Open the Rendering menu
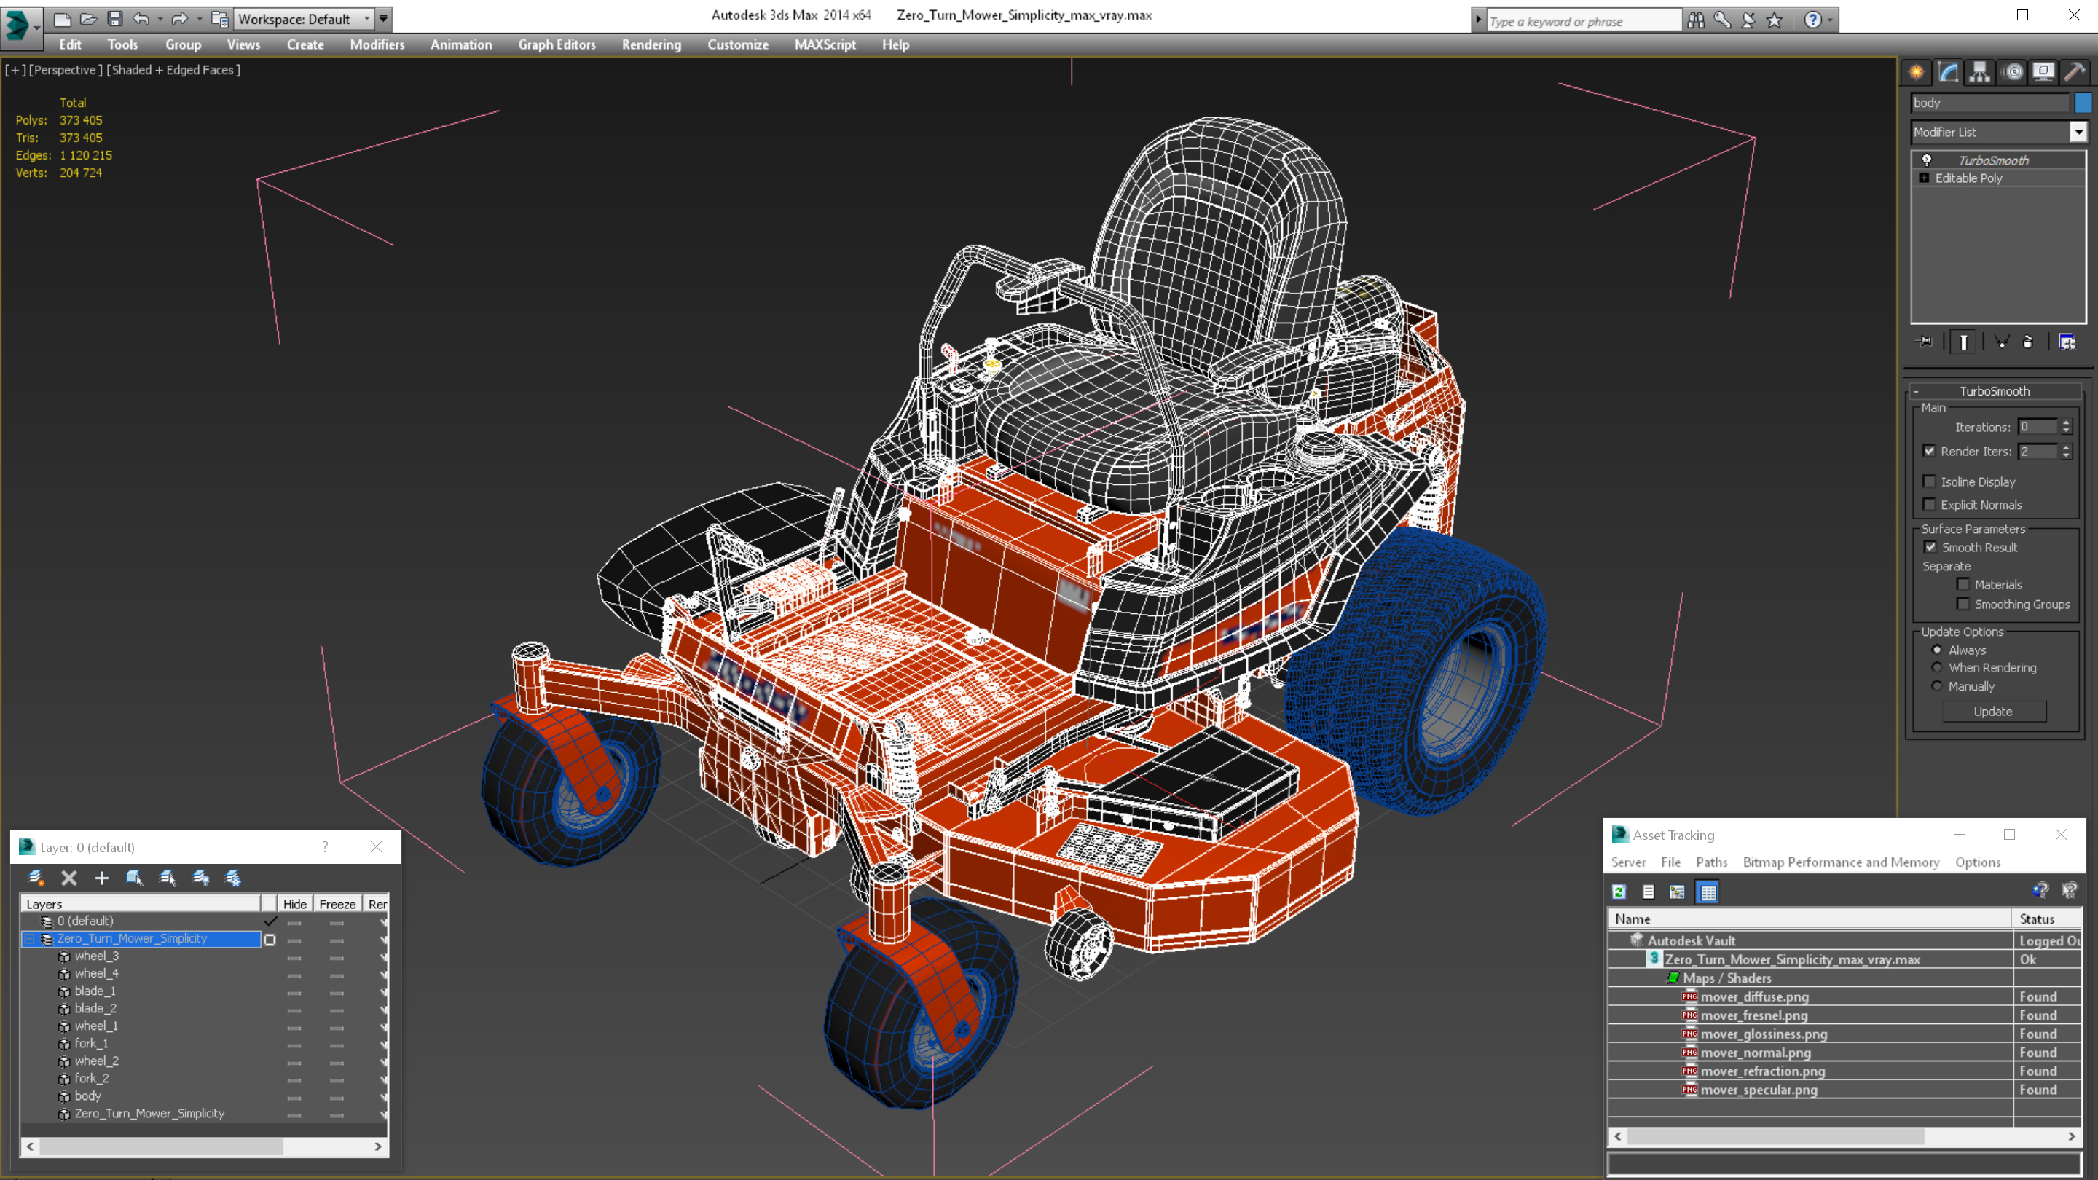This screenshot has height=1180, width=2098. [x=651, y=44]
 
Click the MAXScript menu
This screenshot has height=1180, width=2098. [x=824, y=44]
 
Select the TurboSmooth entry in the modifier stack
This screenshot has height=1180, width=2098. [x=1992, y=160]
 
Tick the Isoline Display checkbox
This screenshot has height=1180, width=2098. [x=1928, y=481]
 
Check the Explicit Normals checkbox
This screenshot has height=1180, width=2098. [x=1928, y=505]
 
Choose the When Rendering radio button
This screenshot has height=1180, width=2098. [x=1937, y=668]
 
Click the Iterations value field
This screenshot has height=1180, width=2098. [x=2037, y=427]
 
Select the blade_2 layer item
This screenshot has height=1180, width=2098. [x=95, y=1008]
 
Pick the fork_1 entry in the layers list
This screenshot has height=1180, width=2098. [x=91, y=1043]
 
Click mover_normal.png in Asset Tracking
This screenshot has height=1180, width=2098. [x=1755, y=1052]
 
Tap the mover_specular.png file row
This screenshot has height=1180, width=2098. [x=1759, y=1090]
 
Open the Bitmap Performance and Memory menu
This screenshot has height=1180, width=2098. [x=1840, y=862]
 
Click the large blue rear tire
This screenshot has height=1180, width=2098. [x=1417, y=668]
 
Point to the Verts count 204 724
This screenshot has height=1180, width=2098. [x=81, y=173]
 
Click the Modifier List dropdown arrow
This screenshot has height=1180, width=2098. [x=2078, y=132]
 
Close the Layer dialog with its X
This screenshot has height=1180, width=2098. [x=375, y=847]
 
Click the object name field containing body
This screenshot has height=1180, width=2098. [x=1988, y=103]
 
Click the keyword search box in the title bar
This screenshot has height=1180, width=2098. [x=1582, y=21]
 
